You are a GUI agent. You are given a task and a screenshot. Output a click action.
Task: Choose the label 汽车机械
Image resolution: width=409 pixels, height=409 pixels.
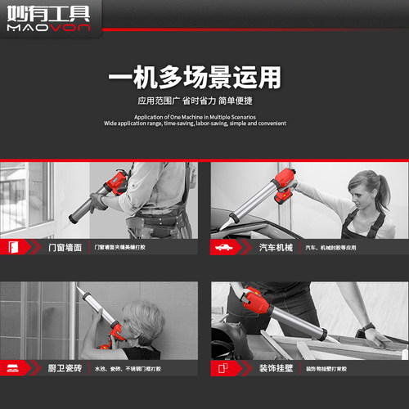pyautogui.click(x=273, y=247)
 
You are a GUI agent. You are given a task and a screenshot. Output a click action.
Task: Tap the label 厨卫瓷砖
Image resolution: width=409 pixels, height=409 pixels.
pyautogui.click(x=65, y=369)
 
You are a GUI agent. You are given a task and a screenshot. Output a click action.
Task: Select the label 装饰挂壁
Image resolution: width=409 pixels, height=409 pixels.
pyautogui.click(x=273, y=369)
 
